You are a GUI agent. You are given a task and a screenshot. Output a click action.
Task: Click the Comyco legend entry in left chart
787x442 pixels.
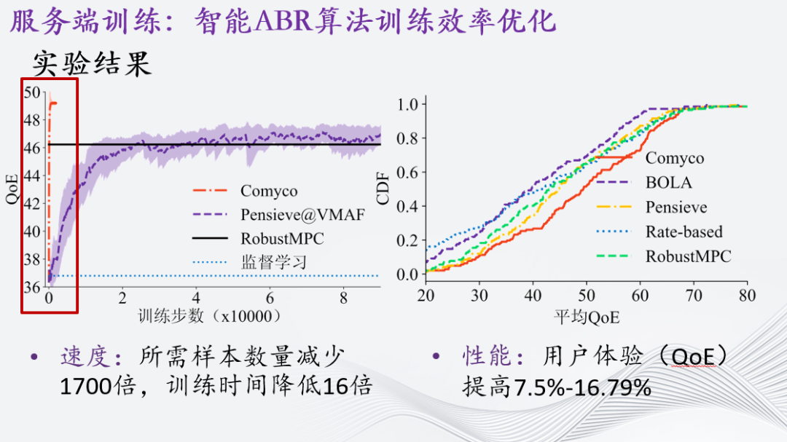[x=269, y=192]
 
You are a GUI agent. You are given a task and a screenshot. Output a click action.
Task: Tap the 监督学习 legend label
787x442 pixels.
[x=274, y=261]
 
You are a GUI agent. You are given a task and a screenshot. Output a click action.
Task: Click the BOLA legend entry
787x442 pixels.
[x=668, y=183]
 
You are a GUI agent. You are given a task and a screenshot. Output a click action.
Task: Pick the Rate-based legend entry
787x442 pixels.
[x=684, y=232]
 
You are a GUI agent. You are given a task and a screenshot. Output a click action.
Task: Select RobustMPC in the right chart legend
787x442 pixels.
[x=688, y=256]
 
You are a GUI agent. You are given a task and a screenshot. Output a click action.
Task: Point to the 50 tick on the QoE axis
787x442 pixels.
[x=32, y=92]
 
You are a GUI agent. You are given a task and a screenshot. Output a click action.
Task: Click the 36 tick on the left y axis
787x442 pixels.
[x=32, y=287]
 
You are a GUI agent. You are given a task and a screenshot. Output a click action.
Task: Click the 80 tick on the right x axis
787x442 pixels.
[x=747, y=296]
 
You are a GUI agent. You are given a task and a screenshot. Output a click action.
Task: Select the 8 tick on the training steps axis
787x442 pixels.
[x=344, y=299]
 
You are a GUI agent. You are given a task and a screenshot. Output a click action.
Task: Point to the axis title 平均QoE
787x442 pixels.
[x=587, y=317]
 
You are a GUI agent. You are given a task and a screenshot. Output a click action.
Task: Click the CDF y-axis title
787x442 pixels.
[x=383, y=189]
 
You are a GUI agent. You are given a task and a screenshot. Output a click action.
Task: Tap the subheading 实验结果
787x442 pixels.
[x=92, y=65]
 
